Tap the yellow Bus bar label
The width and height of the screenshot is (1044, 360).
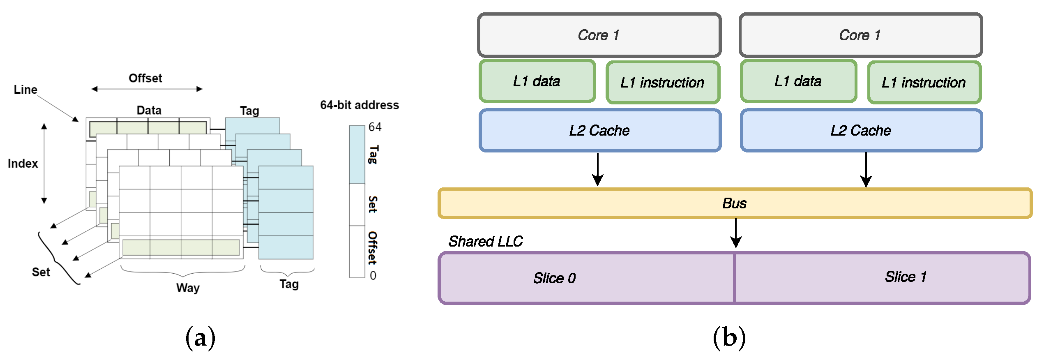point(734,203)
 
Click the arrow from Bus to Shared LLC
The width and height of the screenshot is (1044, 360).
point(735,233)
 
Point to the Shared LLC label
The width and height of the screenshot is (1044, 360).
point(485,241)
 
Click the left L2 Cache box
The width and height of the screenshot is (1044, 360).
point(599,131)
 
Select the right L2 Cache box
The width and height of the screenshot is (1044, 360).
point(861,131)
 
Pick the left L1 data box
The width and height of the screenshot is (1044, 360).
point(537,81)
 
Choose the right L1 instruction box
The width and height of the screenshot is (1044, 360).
point(924,83)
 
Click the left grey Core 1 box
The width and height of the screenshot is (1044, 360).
point(599,35)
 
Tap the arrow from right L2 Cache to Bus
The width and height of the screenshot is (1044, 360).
point(866,169)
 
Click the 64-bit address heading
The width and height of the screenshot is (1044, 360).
point(360,105)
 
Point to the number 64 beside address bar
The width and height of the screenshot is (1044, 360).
point(375,127)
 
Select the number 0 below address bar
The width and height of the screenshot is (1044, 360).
point(373,275)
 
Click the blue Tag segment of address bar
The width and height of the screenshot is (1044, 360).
point(357,155)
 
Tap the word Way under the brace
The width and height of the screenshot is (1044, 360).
point(188,288)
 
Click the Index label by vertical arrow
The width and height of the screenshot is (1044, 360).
point(23,164)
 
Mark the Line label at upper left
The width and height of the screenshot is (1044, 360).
point(25,90)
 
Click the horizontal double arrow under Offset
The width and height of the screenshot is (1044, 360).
point(147,89)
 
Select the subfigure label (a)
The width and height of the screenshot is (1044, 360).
point(201,338)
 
